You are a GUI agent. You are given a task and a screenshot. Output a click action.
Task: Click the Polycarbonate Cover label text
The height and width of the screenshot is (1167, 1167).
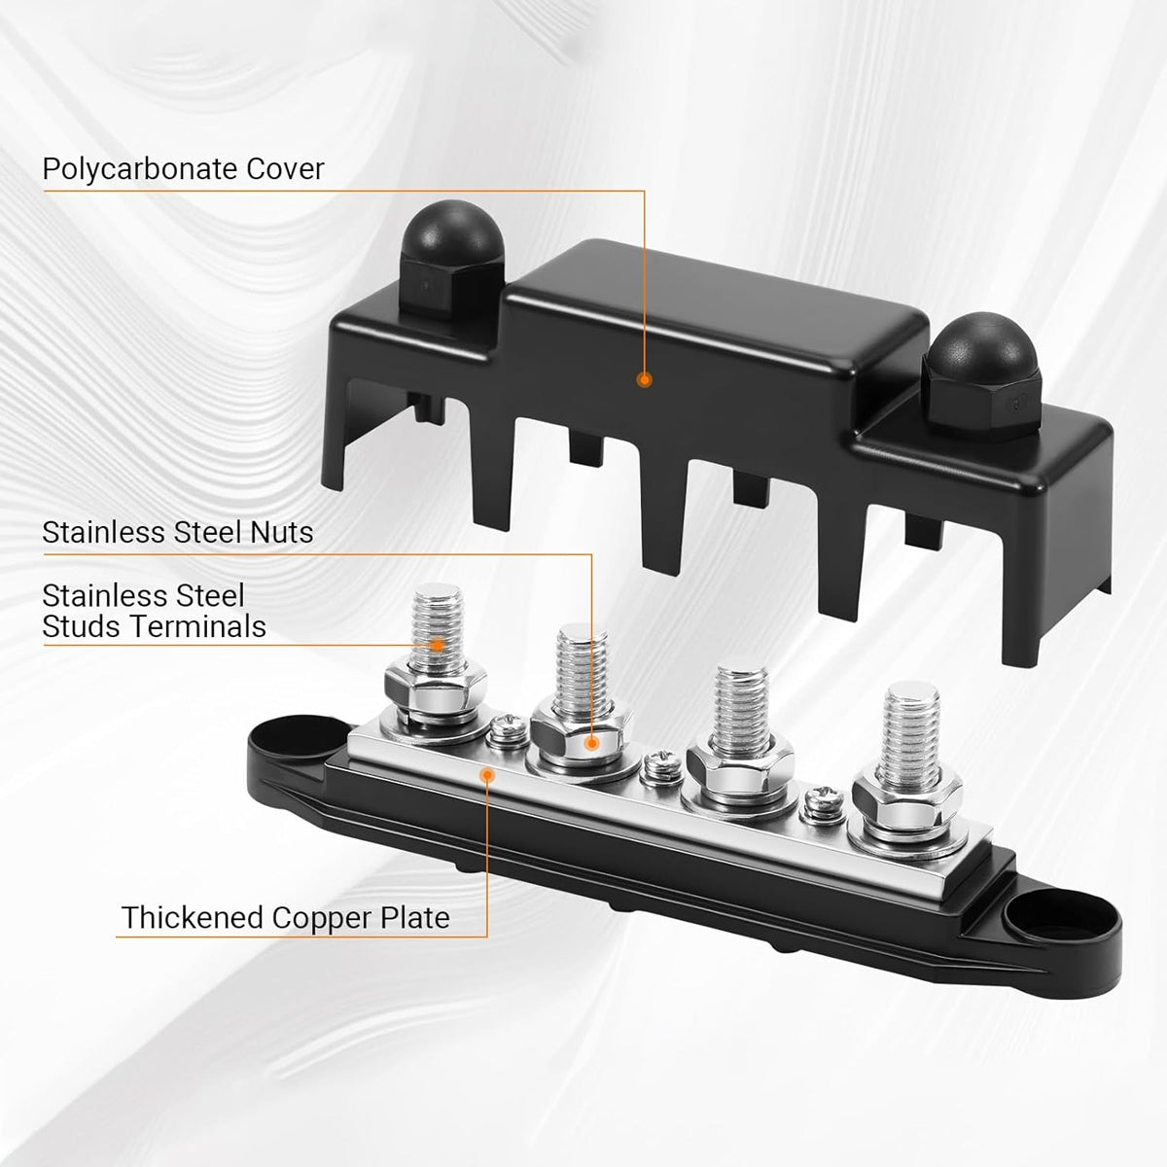pyautogui.click(x=183, y=169)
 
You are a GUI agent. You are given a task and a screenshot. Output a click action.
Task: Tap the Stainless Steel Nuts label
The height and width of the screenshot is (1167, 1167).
pyautogui.click(x=178, y=532)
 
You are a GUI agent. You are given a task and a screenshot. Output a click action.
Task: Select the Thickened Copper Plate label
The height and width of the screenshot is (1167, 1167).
pyautogui.click(x=285, y=917)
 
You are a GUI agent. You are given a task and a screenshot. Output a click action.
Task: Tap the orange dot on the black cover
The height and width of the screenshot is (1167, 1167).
pyautogui.click(x=643, y=380)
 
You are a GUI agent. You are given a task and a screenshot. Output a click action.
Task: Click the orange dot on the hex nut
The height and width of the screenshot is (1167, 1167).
pyautogui.click(x=590, y=742)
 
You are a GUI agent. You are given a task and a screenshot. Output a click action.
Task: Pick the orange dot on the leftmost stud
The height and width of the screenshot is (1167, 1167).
pyautogui.click(x=438, y=643)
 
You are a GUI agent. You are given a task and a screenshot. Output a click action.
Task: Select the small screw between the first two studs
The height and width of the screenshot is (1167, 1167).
pyautogui.click(x=505, y=729)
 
